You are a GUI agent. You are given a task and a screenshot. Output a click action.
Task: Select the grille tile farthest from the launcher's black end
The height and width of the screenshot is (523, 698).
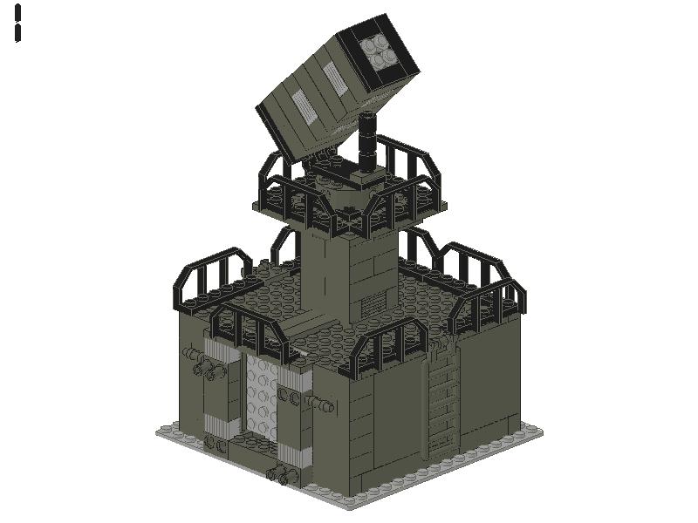click(301, 104)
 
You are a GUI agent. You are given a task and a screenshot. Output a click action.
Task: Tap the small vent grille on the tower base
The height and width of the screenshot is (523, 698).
click(373, 305)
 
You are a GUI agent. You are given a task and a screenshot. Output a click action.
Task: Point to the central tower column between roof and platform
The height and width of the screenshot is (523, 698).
click(349, 270)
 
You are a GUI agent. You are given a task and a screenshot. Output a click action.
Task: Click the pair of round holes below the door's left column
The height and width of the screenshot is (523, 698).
click(215, 444)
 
